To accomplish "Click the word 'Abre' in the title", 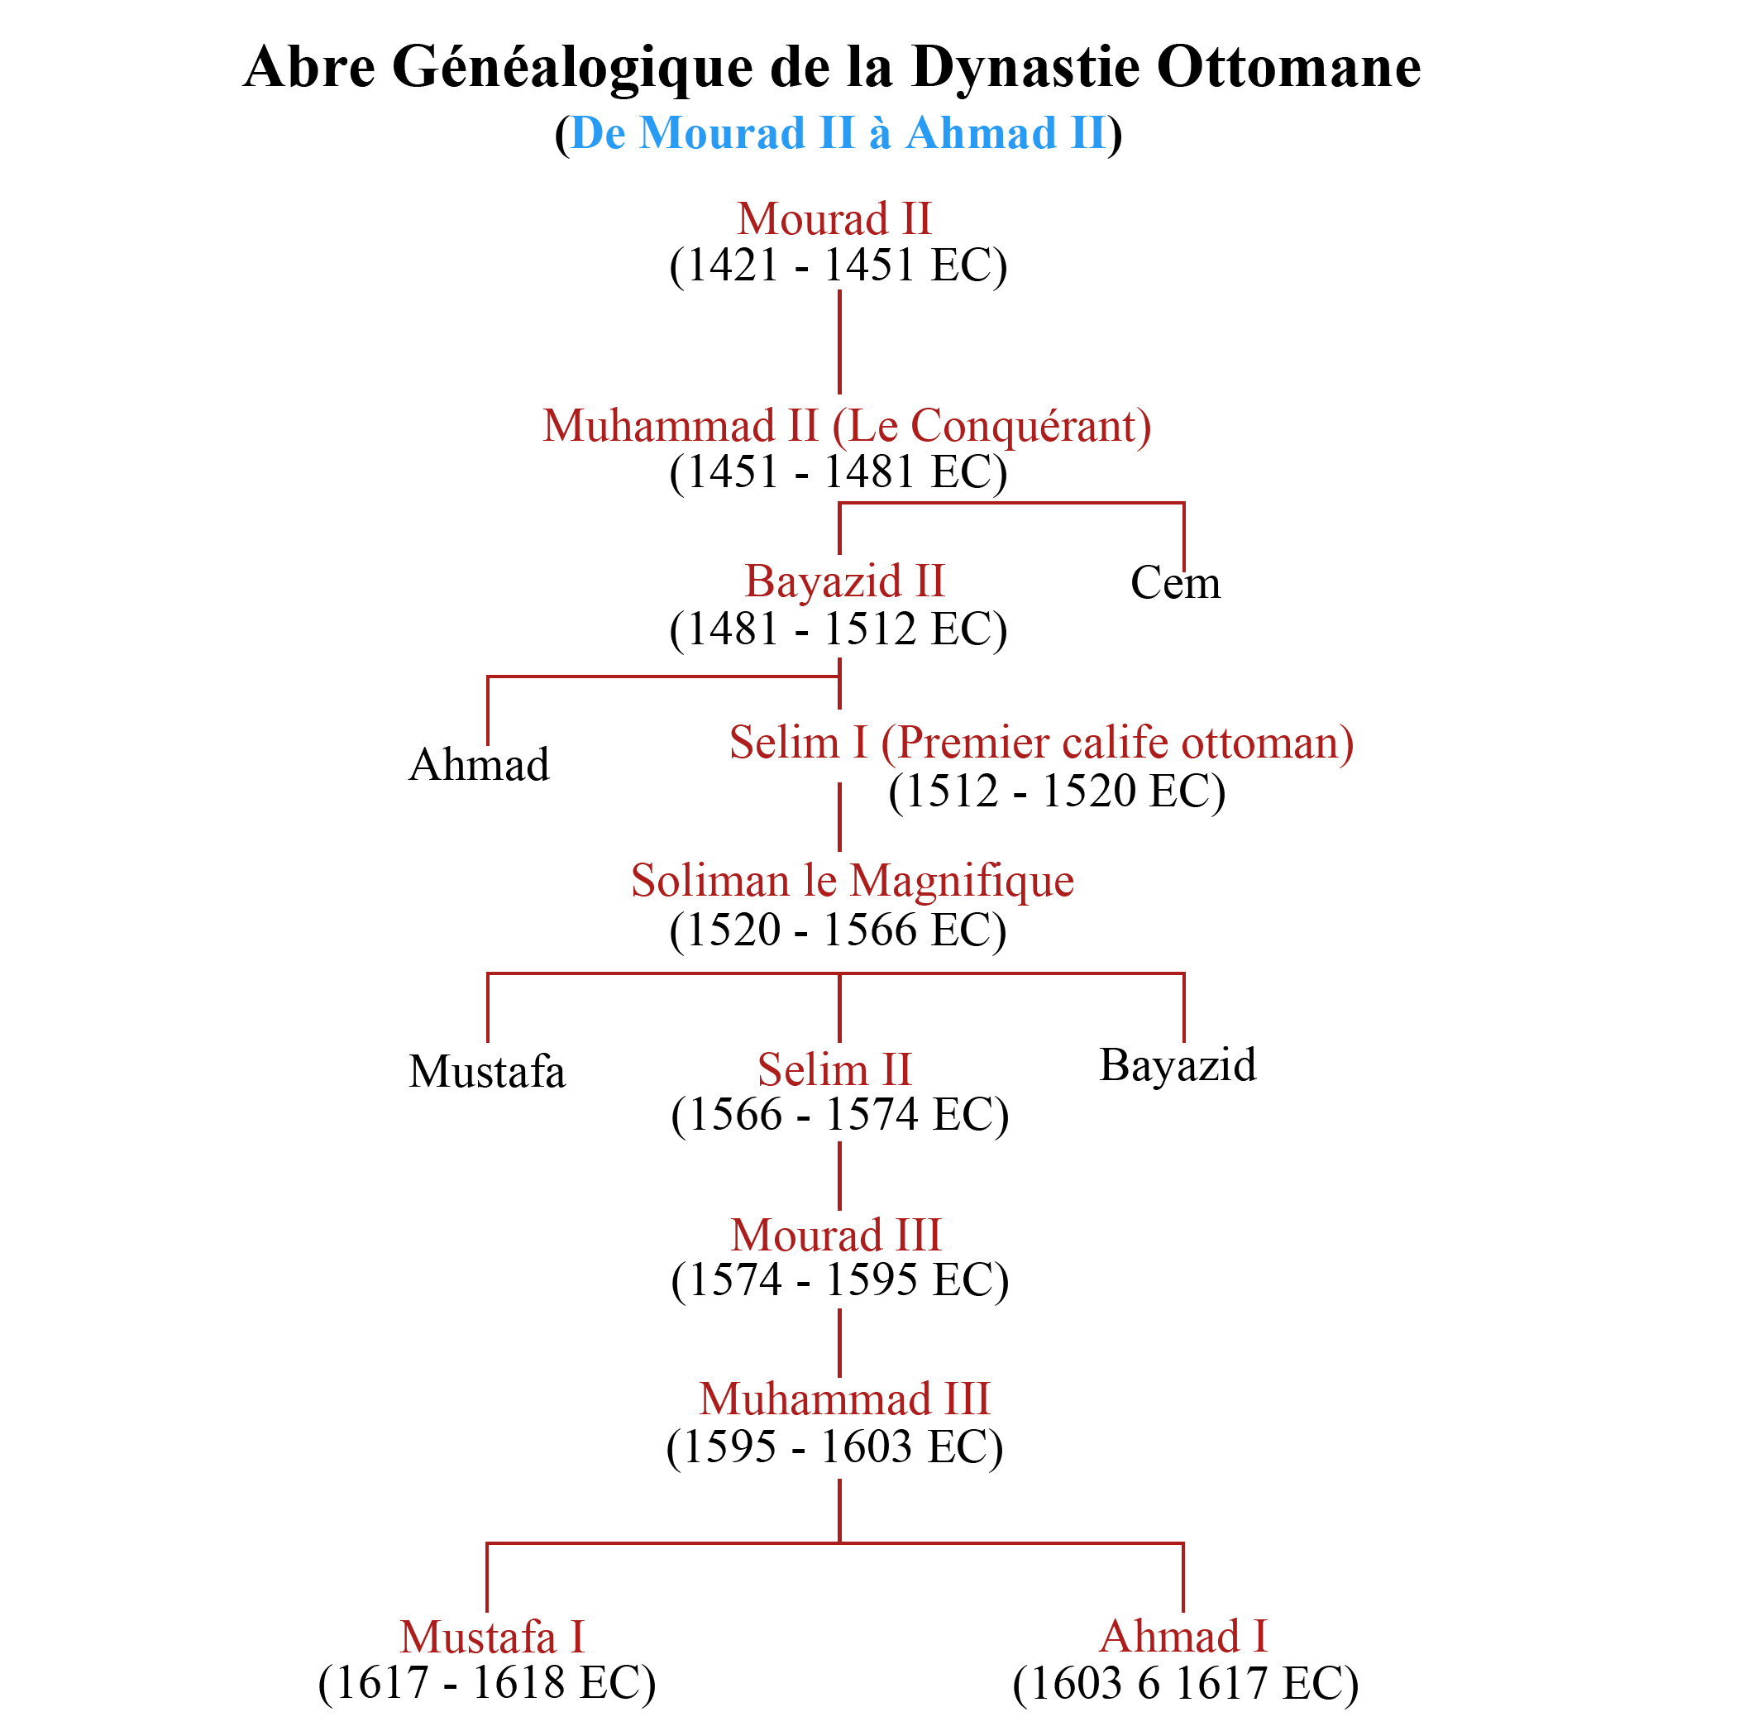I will (308, 68).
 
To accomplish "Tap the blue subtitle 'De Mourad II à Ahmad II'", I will (837, 133).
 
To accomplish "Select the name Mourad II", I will (834, 218).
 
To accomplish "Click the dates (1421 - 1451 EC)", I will (837, 265).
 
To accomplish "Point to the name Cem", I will (1175, 583).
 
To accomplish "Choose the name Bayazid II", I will (844, 581).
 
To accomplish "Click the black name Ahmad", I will (478, 765).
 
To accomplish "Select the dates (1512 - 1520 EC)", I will (1056, 791).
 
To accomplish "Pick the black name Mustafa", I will (486, 1072).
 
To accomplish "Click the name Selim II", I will (834, 1070).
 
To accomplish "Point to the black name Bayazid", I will (1178, 1065).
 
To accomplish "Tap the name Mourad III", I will (835, 1236).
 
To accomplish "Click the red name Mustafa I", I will (492, 1638).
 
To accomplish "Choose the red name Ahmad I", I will (1182, 1637).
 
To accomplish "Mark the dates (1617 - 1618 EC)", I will (487, 1684).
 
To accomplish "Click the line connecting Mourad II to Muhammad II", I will (838, 342).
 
